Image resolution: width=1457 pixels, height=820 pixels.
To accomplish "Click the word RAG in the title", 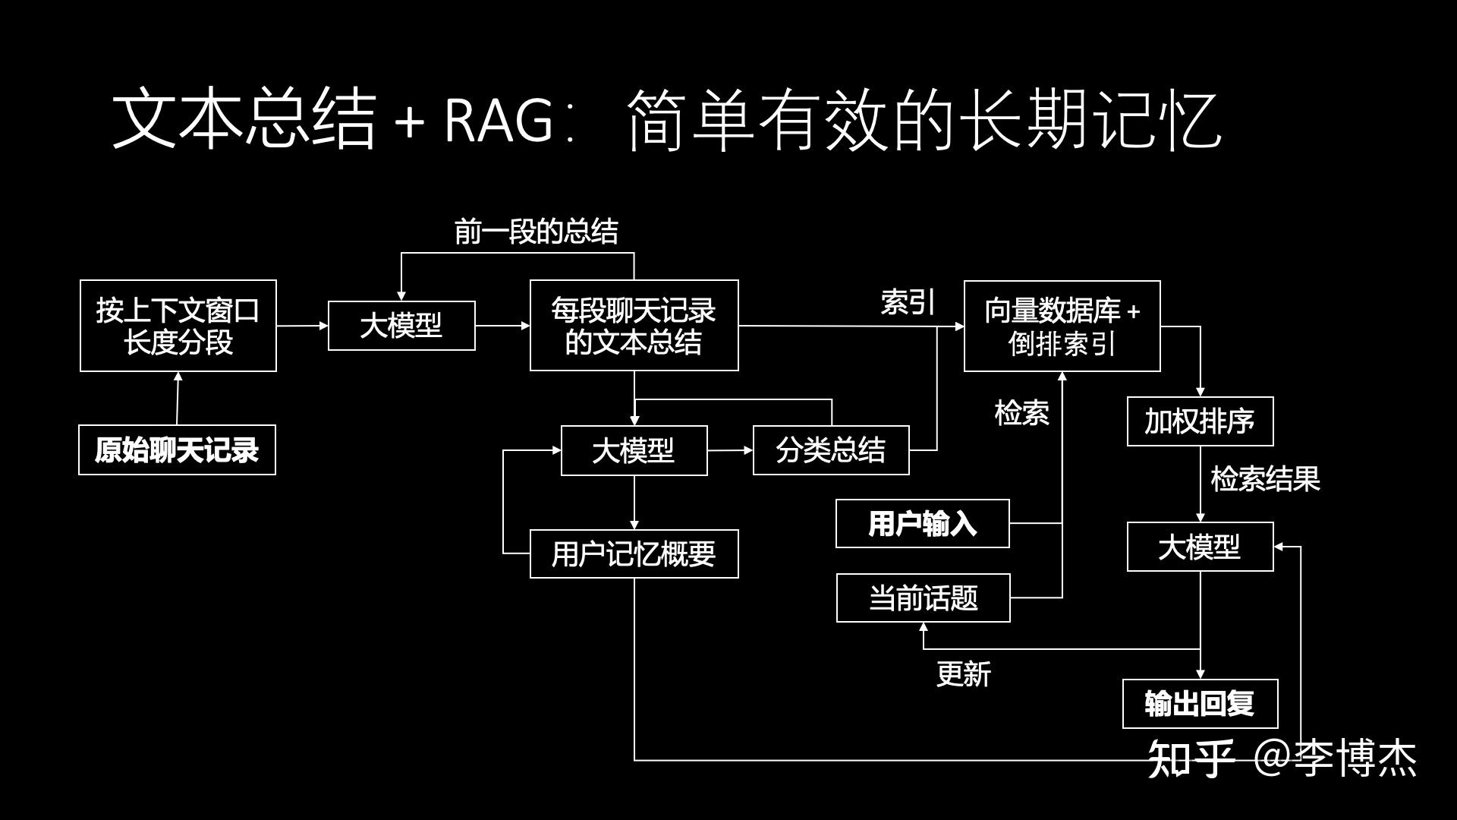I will [499, 120].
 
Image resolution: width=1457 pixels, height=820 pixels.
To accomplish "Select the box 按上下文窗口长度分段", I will [178, 326].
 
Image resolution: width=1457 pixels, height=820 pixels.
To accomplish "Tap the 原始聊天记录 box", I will [177, 450].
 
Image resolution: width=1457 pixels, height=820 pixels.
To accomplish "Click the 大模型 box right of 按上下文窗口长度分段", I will [401, 326].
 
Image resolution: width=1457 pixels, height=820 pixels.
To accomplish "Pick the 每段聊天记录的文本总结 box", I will [634, 326].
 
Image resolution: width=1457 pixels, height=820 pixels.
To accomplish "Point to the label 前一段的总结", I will [536, 232].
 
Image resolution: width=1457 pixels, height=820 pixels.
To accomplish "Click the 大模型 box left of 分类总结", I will [634, 451].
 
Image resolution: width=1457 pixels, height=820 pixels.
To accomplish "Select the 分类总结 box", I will [831, 451].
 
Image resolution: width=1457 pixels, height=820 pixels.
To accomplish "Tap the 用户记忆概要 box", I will [634, 554].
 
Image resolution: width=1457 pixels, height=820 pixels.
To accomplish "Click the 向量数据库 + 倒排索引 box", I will [1062, 326].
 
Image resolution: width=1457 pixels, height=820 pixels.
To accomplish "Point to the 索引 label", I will [908, 302].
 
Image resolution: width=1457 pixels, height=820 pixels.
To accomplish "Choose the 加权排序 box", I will [1200, 421].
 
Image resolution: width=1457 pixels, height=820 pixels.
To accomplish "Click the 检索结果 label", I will [1265, 479].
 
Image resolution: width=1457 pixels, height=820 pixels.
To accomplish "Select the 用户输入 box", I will [922, 524].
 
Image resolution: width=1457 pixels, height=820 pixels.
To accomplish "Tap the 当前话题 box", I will [923, 598].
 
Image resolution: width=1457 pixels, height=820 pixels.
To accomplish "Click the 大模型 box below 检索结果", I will [1200, 547].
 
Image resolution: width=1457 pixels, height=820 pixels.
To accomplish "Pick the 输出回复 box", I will [1200, 704].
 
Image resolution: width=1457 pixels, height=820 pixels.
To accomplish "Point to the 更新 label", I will [963, 674].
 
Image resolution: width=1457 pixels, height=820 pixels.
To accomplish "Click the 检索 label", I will [1021, 414].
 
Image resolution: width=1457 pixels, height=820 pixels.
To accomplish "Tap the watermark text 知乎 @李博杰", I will [1282, 758].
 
